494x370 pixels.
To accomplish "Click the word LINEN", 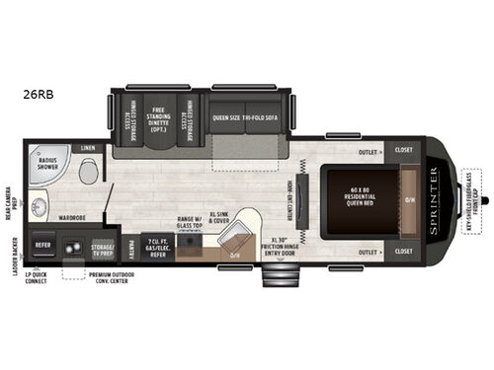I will tap(88, 149).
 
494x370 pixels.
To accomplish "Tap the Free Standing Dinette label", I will tap(157, 118).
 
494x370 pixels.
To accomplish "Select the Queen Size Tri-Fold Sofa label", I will tap(244, 118).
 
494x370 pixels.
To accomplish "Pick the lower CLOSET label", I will tap(403, 252).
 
